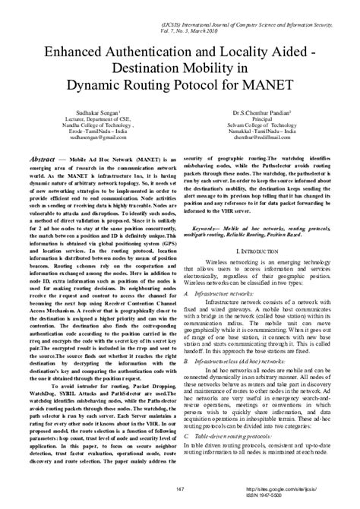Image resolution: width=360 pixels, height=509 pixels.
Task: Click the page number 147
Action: click(x=180, y=488)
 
